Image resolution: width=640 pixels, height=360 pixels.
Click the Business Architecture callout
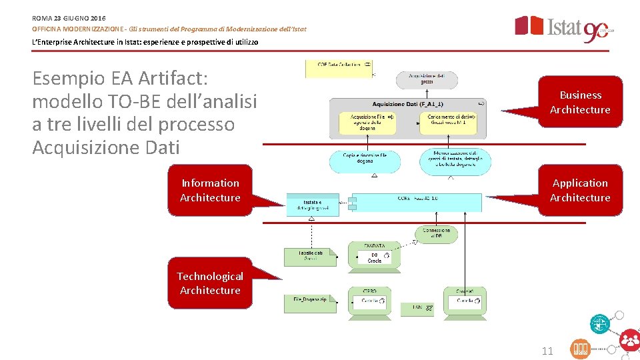click(580, 102)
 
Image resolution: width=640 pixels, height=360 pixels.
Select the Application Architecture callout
click(580, 190)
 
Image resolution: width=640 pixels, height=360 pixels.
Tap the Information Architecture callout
click(210, 190)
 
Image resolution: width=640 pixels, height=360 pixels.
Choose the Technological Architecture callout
click(210, 283)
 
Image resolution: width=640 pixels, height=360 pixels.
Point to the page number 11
click(547, 351)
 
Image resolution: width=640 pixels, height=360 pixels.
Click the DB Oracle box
click(375, 257)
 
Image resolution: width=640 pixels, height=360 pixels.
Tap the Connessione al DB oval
click(436, 233)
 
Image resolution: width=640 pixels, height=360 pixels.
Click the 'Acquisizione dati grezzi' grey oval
click(427, 79)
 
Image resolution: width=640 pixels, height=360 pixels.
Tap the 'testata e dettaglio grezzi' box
click(312, 205)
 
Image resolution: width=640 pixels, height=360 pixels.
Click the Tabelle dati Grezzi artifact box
click(309, 257)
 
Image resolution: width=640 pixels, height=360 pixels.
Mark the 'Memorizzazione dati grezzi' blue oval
click(456, 161)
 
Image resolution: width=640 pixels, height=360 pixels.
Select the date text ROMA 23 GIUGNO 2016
click(69, 17)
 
